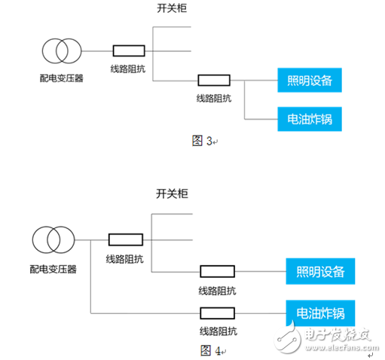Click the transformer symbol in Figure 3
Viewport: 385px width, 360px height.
click(60, 51)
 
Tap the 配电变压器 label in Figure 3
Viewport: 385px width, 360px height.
click(61, 77)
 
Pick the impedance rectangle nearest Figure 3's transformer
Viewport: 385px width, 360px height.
click(130, 51)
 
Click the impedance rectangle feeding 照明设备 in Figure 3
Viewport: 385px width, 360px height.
click(214, 80)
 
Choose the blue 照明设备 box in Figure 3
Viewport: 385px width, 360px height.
click(309, 80)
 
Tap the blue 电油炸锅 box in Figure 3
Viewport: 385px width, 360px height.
click(309, 118)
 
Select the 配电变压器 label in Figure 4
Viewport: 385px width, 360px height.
click(53, 267)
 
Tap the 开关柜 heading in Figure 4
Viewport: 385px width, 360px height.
click(172, 194)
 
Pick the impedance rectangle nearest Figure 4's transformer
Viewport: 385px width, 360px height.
click(125, 240)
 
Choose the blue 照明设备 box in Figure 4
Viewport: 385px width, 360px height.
click(319, 270)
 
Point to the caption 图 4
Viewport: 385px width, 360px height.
click(209, 350)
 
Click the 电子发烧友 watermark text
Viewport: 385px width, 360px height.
click(338, 334)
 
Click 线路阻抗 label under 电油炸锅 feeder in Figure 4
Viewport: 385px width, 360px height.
click(218, 331)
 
